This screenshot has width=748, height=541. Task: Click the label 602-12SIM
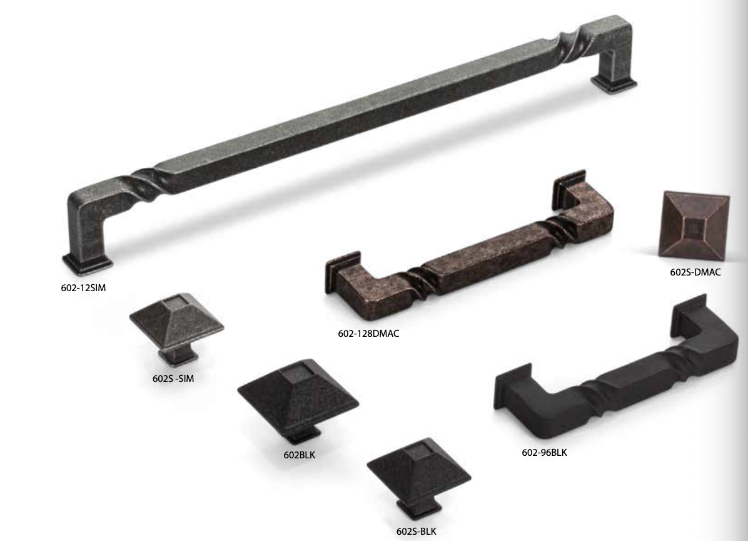(83, 288)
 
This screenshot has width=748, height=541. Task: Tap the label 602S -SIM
(173, 379)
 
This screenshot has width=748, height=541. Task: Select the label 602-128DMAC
(368, 333)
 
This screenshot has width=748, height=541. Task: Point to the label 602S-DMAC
(695, 272)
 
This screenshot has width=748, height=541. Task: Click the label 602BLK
(299, 455)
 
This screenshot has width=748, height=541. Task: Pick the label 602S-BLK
(416, 532)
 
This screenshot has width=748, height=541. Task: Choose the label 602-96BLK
(544, 453)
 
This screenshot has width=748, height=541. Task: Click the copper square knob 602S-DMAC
(694, 226)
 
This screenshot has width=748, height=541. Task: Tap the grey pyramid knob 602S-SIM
(176, 327)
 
